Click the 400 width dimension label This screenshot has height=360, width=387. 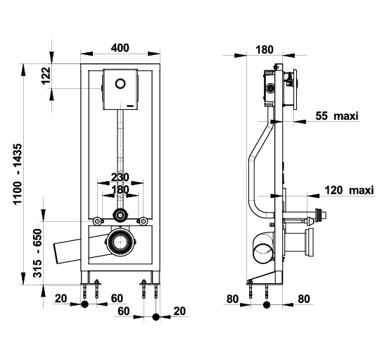tap(120, 48)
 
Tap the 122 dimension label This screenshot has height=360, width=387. tap(46, 75)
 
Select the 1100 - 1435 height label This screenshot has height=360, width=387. tap(18, 174)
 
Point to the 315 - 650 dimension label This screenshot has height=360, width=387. tap(38, 253)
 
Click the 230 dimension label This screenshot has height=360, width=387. tap(120, 177)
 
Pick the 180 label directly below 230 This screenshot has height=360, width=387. tap(120, 190)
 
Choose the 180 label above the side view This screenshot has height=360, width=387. tap(265, 49)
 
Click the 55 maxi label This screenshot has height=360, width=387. tap(336, 116)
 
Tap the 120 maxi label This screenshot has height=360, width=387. tap(349, 190)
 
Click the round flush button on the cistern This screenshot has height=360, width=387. tap(120, 84)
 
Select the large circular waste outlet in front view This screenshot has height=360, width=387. tap(120, 242)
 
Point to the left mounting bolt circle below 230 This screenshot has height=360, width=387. tap(97, 221)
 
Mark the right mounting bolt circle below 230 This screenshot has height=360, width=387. tap(143, 221)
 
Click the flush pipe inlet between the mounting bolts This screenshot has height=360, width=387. tap(120, 215)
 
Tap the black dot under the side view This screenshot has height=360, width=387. tap(267, 304)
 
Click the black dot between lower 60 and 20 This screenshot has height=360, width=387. tap(156, 317)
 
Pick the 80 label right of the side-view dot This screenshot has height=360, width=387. tap(304, 299)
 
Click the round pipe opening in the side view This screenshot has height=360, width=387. tap(263, 254)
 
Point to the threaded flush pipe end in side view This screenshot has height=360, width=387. tap(321, 214)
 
